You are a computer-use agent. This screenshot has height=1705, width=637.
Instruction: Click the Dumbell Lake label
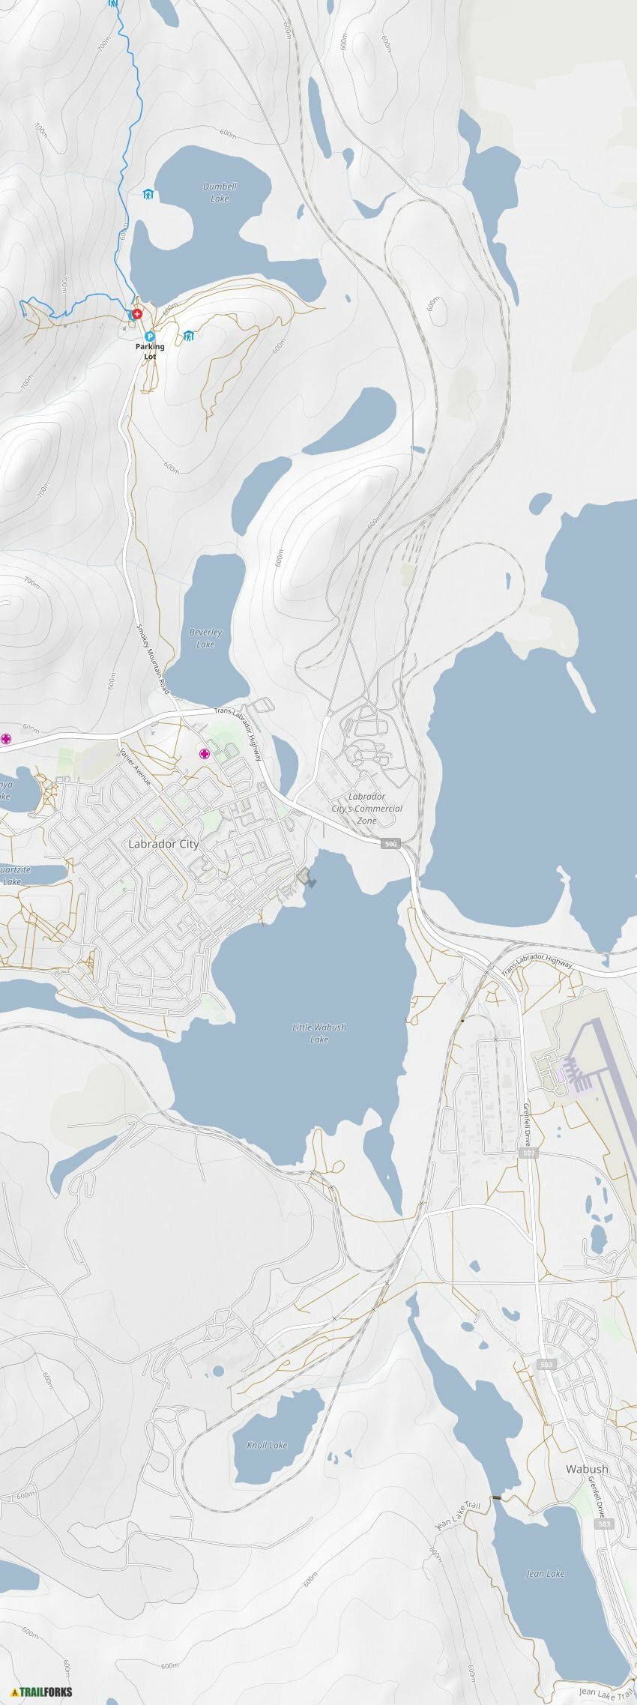[220, 193]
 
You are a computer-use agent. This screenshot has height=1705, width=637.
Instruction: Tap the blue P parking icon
[150, 337]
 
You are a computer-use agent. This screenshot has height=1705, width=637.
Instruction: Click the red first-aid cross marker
[137, 314]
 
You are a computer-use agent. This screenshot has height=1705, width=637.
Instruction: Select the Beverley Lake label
[205, 638]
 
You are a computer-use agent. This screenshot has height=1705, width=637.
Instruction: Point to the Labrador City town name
[163, 844]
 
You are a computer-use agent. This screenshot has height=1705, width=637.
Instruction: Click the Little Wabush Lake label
[319, 1033]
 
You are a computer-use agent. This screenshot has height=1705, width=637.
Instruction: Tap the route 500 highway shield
[390, 844]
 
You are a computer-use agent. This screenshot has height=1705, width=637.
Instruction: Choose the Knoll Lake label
[267, 1445]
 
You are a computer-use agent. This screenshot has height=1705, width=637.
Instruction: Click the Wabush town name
[587, 1469]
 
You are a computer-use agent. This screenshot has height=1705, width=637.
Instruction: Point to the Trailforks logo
[42, 1692]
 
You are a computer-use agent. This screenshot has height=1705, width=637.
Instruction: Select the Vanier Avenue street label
[136, 766]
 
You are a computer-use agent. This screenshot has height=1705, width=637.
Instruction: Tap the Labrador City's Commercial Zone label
[367, 808]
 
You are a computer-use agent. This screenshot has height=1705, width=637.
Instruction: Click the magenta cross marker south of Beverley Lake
[204, 753]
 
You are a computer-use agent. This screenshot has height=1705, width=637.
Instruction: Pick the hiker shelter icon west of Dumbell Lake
[148, 194]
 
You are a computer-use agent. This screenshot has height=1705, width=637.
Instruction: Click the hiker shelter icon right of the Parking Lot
[189, 336]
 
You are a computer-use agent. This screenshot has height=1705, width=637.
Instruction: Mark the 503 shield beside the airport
[528, 1153]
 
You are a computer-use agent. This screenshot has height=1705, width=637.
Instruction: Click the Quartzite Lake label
[13, 875]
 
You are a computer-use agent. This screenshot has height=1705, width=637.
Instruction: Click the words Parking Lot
[150, 351]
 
